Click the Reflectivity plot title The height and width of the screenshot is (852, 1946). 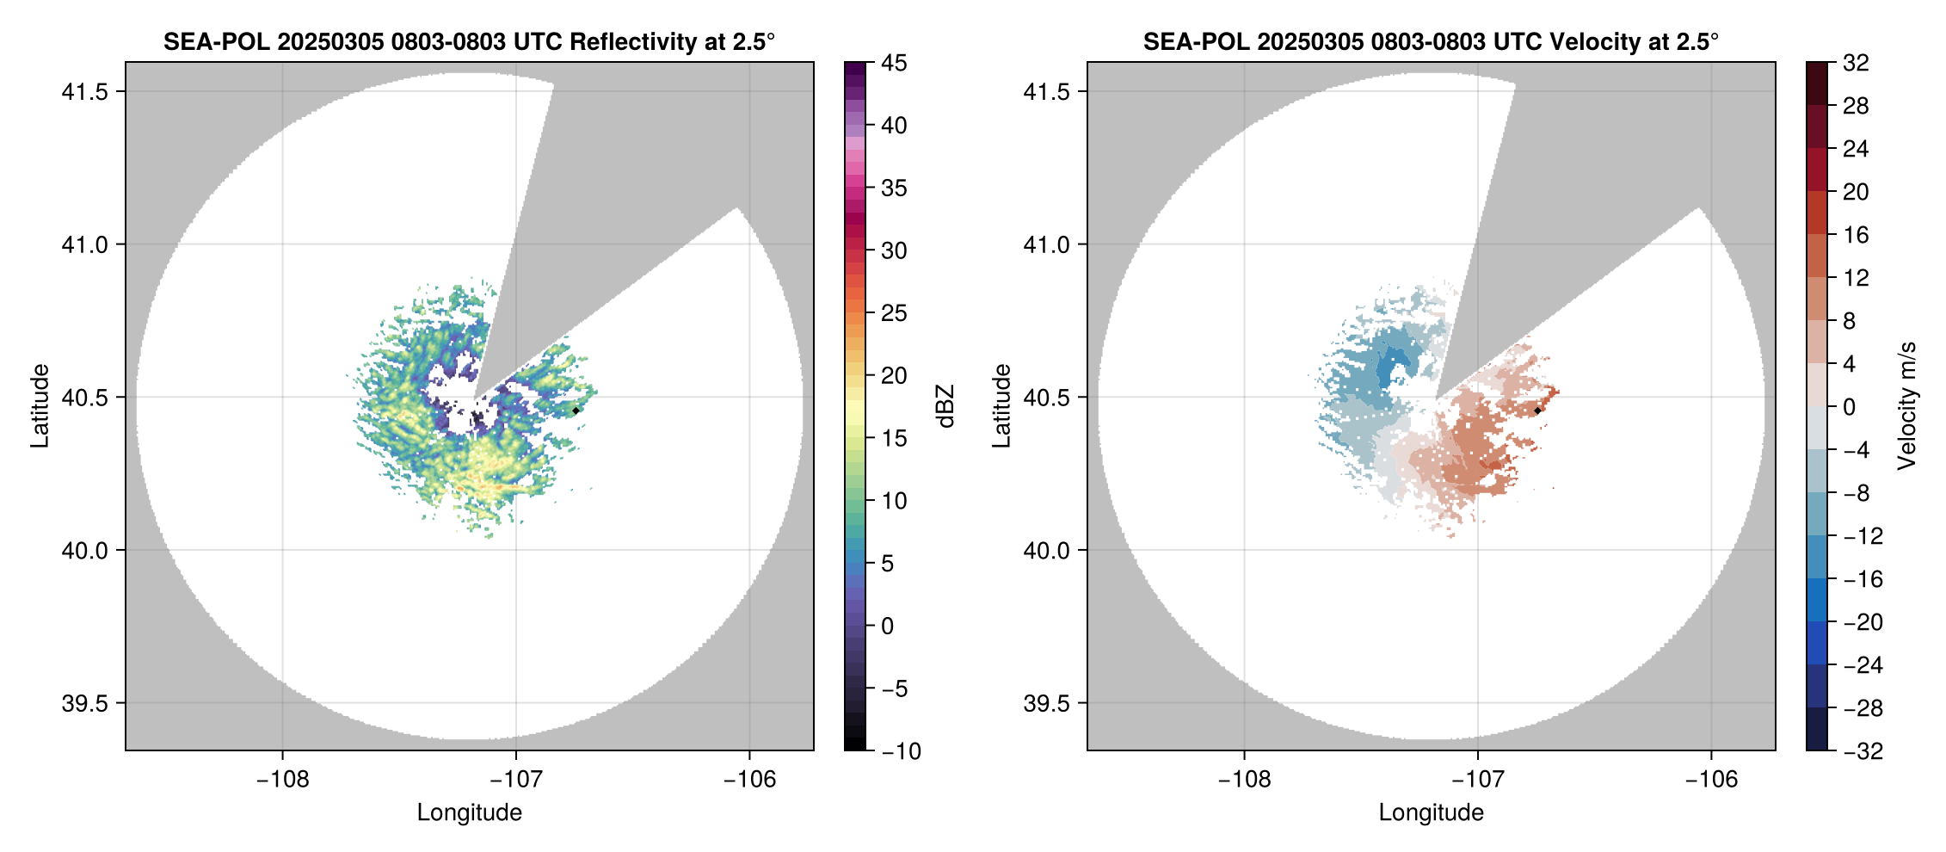(469, 41)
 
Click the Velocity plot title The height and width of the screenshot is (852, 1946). (1431, 41)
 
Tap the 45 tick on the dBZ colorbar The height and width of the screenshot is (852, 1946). (894, 63)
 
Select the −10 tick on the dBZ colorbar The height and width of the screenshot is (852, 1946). (901, 751)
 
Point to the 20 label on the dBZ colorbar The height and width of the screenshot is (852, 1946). (894, 375)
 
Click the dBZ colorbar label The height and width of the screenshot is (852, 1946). (945, 406)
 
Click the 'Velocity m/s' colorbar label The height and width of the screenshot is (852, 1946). (1907, 405)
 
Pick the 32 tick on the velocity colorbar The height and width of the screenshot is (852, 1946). (1856, 63)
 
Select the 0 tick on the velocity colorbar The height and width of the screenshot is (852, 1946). (1849, 407)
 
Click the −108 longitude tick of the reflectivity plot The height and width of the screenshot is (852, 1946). (282, 780)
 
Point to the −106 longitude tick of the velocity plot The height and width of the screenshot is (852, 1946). (1711, 780)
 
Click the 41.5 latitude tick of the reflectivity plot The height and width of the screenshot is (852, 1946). (84, 92)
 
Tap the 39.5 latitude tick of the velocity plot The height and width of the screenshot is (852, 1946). (1046, 703)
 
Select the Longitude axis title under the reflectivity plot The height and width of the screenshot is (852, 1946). (469, 812)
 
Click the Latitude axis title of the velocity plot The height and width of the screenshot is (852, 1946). (1001, 405)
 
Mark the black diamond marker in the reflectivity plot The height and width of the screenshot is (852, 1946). (576, 411)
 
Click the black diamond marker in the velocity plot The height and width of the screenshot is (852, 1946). (1537, 411)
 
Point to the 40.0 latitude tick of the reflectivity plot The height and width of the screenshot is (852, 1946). (84, 551)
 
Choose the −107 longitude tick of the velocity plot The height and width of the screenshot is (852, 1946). (1478, 780)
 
